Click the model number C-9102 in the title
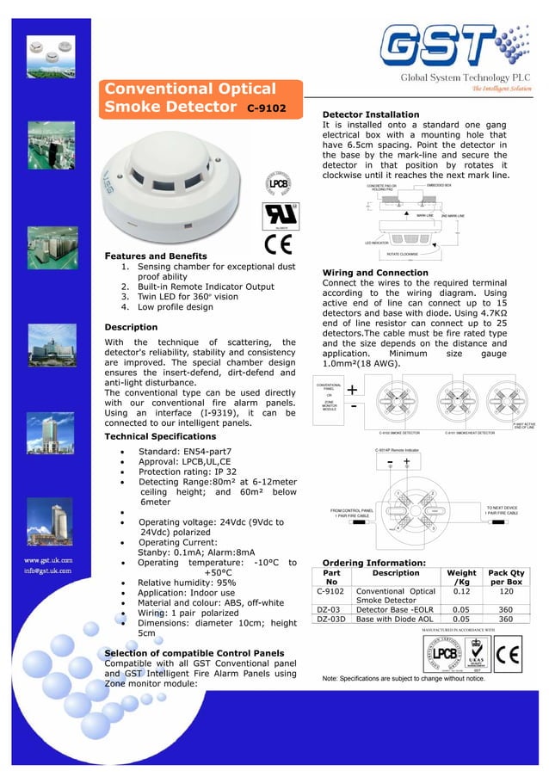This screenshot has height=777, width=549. tap(267, 109)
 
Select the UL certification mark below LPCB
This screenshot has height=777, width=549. tap(279, 212)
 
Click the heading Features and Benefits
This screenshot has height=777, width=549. tap(155, 256)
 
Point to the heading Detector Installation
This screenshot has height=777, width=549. tap(370, 114)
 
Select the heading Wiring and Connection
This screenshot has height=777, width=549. tap(374, 273)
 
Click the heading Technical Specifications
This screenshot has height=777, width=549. tap(160, 437)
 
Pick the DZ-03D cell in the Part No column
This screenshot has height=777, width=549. tap(331, 618)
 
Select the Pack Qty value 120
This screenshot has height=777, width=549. tap(507, 591)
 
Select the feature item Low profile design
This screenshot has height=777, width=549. tap(176, 307)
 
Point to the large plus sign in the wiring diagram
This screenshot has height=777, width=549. tap(353, 390)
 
